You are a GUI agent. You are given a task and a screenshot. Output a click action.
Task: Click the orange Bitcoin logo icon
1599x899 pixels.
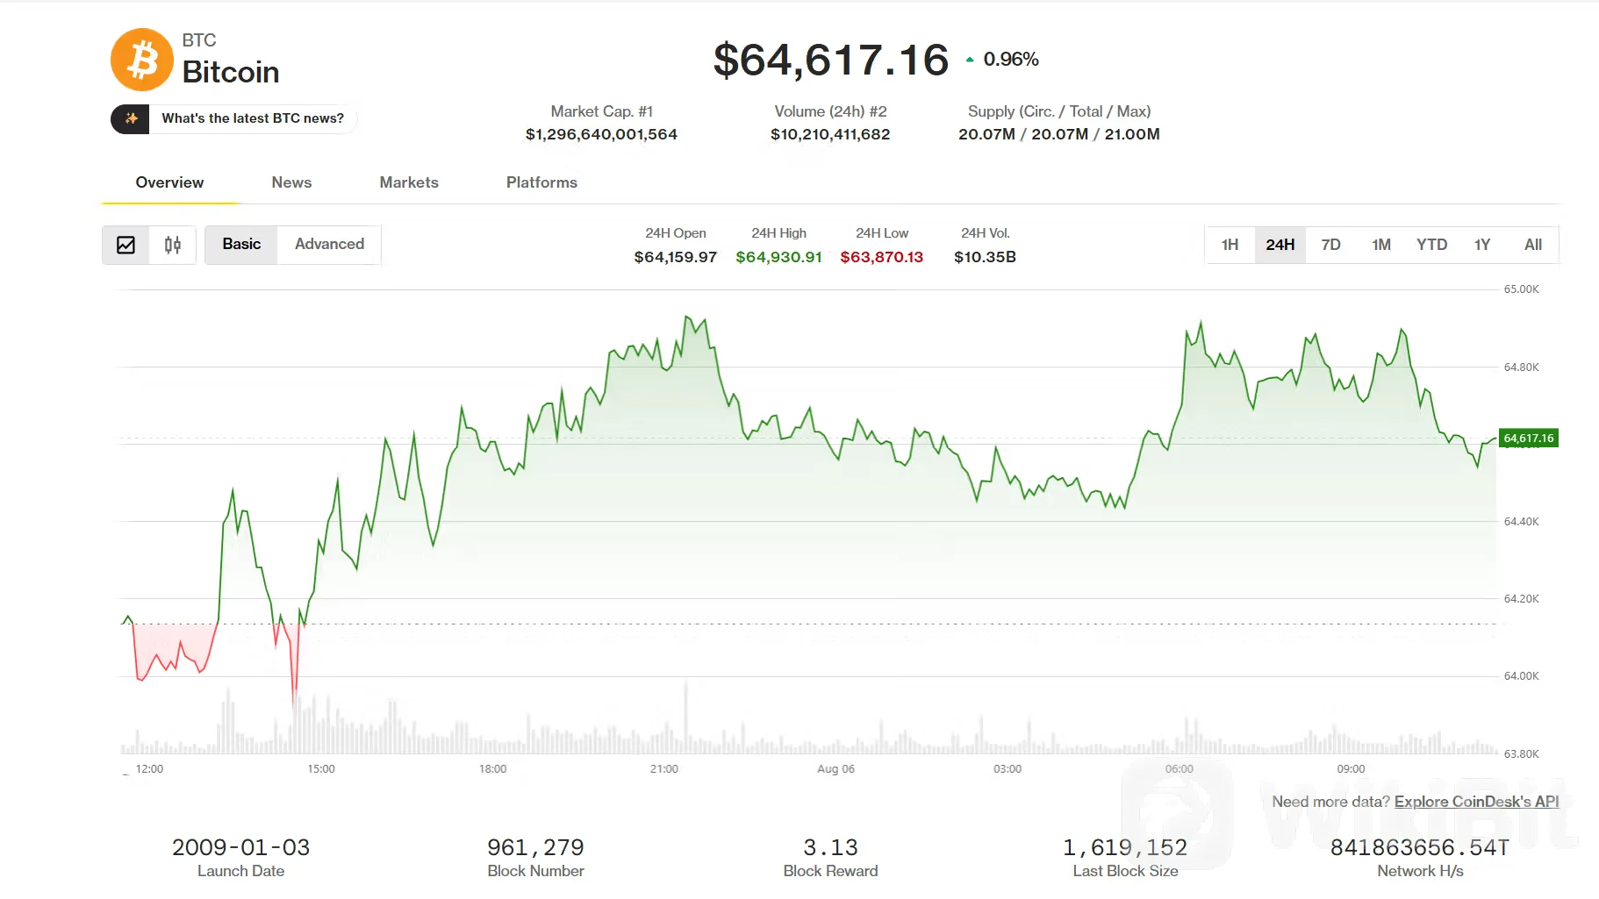coord(142,60)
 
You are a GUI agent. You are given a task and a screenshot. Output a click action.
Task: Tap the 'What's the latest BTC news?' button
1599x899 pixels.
coord(233,118)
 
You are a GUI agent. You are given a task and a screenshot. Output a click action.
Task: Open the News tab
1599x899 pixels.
coord(291,182)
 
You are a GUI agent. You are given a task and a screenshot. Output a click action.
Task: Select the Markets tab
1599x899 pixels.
coord(409,182)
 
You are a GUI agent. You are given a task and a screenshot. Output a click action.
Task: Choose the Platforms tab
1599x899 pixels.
coord(541,182)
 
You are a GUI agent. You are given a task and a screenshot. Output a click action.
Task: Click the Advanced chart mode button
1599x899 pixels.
coord(329,245)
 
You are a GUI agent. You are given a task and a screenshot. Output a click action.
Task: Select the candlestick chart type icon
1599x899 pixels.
coord(173,245)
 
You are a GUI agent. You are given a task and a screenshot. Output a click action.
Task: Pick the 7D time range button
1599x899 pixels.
coord(1330,245)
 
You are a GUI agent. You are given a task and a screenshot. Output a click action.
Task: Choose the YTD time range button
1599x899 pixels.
coord(1431,245)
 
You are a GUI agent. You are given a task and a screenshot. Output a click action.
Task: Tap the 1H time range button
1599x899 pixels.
coord(1230,245)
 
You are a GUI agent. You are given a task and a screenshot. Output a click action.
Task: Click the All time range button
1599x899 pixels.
coord(1532,245)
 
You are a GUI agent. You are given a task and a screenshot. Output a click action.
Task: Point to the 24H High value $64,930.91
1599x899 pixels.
coord(778,257)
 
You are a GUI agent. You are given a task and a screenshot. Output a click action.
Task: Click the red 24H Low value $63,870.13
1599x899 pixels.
coord(882,257)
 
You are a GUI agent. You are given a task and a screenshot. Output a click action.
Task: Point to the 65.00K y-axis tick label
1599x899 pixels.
coord(1521,289)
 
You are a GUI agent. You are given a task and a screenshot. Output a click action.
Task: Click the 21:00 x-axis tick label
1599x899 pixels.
coord(664,769)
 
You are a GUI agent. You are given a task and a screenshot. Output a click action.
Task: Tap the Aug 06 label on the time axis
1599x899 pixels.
coord(835,769)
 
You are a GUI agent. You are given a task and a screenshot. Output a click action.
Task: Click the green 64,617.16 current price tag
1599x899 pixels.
coord(1529,438)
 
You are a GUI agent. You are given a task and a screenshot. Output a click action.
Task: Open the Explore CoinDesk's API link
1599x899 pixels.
coord(1476,802)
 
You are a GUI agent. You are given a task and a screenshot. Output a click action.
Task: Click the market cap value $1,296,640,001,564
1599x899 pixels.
coord(601,134)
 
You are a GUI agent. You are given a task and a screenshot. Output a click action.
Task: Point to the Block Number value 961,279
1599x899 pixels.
coord(535,847)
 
